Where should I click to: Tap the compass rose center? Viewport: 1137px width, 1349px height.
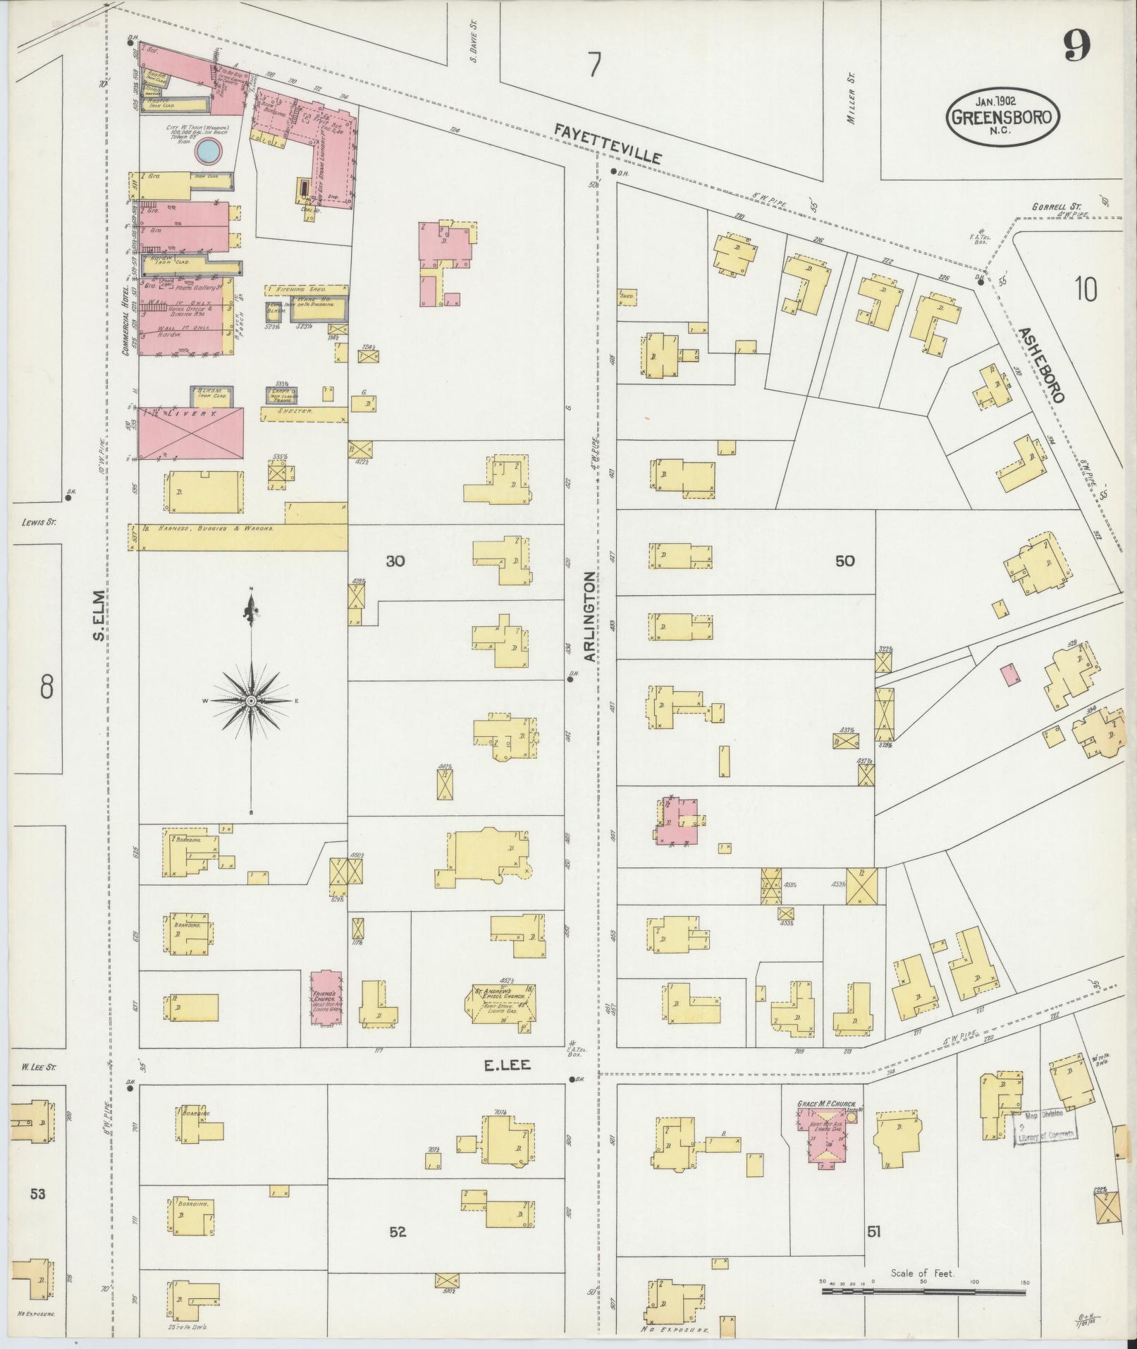[x=251, y=701]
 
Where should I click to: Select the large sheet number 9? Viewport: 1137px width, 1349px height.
[x=1077, y=48]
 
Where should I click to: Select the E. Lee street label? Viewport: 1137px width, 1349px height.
[x=506, y=1087]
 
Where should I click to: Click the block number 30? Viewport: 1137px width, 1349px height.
[x=395, y=561]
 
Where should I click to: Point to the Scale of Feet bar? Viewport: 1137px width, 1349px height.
[x=923, y=1292]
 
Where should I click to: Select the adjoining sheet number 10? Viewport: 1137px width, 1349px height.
[x=1086, y=290]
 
